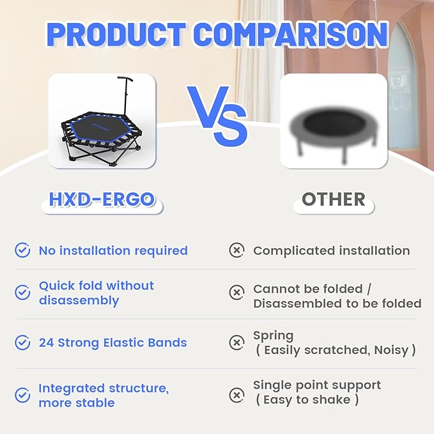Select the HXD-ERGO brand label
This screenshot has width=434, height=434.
coord(102,199)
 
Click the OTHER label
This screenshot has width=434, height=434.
coord(333,199)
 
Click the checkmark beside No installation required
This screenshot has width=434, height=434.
coord(23,251)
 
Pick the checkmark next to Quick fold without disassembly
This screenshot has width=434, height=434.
coord(23,293)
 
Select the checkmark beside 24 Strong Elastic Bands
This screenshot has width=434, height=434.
coord(23,343)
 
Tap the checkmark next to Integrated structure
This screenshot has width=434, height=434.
coord(23,395)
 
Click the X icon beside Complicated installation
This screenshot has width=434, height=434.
coord(236,251)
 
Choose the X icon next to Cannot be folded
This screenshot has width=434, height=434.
coord(236,293)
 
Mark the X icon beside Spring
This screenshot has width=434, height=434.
coord(236,343)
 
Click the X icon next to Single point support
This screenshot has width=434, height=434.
coord(236,395)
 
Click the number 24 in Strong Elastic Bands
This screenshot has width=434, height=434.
coord(46,343)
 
